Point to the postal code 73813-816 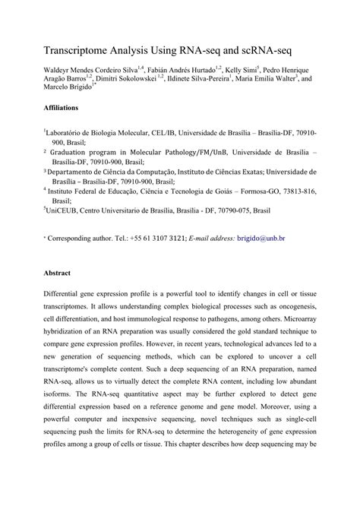pyautogui.click(x=295, y=194)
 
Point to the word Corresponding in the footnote pyautogui.click(x=74, y=238)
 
